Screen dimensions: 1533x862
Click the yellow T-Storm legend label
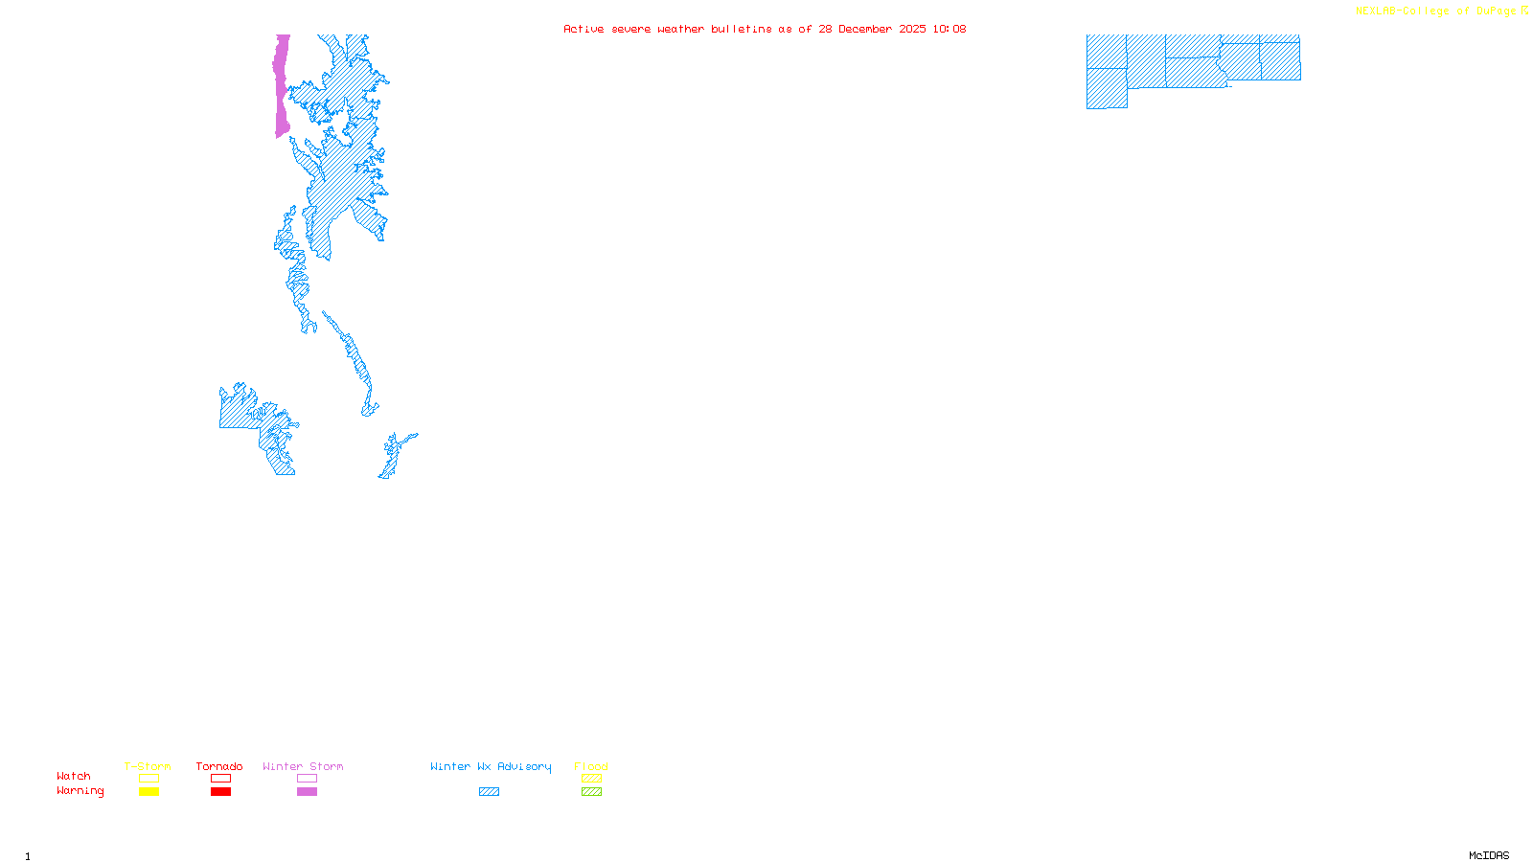click(148, 766)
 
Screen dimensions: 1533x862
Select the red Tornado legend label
click(219, 766)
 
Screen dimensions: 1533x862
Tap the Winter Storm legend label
click(303, 766)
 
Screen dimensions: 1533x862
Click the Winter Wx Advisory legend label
click(491, 766)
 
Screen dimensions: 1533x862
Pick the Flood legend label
click(591, 766)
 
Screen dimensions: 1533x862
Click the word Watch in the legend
click(74, 776)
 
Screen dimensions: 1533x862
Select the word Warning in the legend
click(80, 791)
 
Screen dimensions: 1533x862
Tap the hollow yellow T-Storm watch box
click(149, 779)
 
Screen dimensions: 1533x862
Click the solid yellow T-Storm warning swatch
click(149, 792)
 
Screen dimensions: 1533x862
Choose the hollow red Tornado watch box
click(220, 779)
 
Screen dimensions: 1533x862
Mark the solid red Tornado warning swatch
click(220, 792)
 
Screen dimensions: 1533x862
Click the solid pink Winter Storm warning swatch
click(307, 792)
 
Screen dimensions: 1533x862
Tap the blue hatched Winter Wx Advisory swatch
click(489, 792)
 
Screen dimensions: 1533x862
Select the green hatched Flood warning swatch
click(591, 792)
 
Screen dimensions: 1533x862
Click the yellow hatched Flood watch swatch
click(591, 779)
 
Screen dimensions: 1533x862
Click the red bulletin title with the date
click(765, 29)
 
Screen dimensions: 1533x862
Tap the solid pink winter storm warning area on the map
click(282, 86)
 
